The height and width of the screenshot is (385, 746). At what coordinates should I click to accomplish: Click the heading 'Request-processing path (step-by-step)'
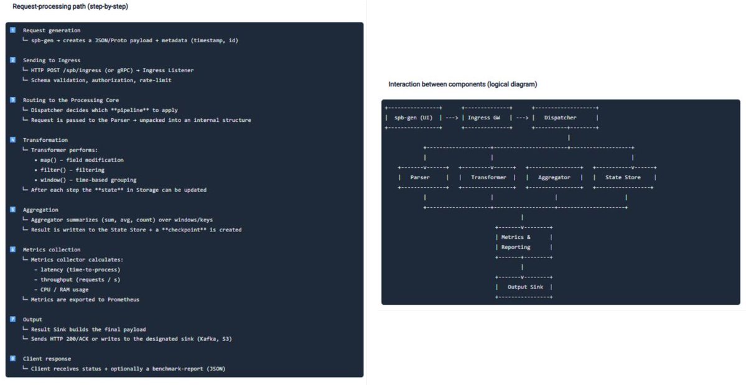(x=71, y=6)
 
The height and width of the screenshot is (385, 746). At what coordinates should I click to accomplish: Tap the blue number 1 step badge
(x=12, y=30)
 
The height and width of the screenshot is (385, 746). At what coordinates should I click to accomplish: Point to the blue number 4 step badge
(x=12, y=140)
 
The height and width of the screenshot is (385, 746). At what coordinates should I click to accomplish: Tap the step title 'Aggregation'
(x=40, y=210)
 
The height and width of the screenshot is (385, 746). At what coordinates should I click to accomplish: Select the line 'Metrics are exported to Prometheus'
(x=85, y=299)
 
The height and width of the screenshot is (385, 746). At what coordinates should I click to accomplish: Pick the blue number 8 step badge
(x=12, y=359)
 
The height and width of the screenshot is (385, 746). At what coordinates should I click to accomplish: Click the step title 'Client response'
(x=47, y=359)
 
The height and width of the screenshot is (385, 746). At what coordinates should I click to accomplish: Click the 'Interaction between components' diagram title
(x=462, y=84)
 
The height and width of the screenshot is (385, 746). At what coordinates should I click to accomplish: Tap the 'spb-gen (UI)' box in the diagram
(x=414, y=118)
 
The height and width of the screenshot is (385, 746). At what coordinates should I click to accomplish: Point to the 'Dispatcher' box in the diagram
(x=564, y=118)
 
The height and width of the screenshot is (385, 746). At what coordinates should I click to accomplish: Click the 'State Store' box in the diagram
(x=624, y=177)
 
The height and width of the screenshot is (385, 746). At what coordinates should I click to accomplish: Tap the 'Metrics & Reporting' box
(x=523, y=242)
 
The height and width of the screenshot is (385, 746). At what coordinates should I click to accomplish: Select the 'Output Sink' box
(x=523, y=287)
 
